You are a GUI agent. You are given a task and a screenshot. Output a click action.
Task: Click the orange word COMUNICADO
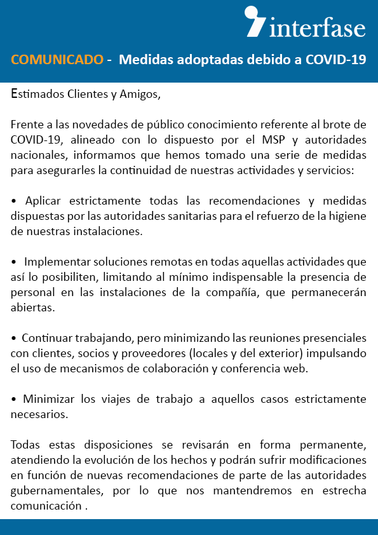point(57,60)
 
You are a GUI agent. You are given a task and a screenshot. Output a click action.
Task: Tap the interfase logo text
point(318,29)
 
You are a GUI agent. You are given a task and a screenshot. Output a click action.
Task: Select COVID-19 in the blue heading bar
point(335,60)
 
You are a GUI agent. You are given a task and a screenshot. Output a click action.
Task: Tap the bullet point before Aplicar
point(15,201)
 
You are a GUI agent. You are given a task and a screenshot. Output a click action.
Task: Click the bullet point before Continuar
point(15,338)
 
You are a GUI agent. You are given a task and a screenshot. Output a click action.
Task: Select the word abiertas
point(31,308)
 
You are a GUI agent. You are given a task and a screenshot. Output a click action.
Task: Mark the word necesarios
point(37,414)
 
